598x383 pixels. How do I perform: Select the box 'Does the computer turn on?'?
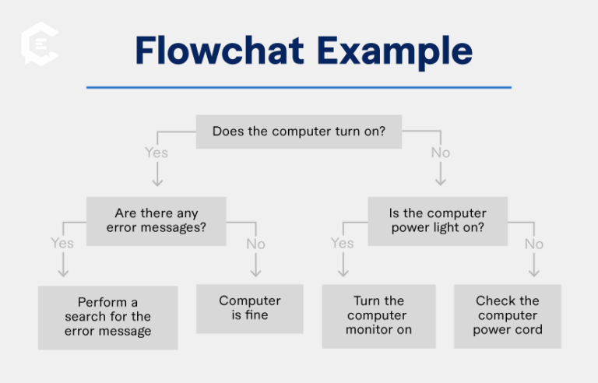coord(298,131)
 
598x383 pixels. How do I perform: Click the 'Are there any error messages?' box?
coord(156,221)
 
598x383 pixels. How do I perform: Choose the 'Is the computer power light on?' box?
coord(438,221)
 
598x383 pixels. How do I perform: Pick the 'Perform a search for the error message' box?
coord(107,317)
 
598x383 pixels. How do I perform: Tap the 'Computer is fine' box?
coord(250,307)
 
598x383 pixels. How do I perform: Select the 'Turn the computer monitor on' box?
coord(378,315)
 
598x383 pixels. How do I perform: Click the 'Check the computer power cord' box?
coord(507,315)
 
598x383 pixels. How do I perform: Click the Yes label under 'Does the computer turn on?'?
coord(157,153)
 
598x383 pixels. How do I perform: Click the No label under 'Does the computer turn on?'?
coord(440,153)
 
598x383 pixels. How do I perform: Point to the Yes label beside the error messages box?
coord(62,243)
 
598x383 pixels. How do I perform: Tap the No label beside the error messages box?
coord(255,244)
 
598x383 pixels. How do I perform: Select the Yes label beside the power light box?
coord(342,243)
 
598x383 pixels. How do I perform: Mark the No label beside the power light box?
coord(533,244)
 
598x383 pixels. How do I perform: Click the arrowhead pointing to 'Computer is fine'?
coord(255,273)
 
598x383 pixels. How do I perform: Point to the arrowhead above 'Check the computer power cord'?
coord(533,273)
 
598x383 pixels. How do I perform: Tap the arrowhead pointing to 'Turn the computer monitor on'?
coord(342,273)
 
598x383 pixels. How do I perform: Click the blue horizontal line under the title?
coord(298,87)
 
